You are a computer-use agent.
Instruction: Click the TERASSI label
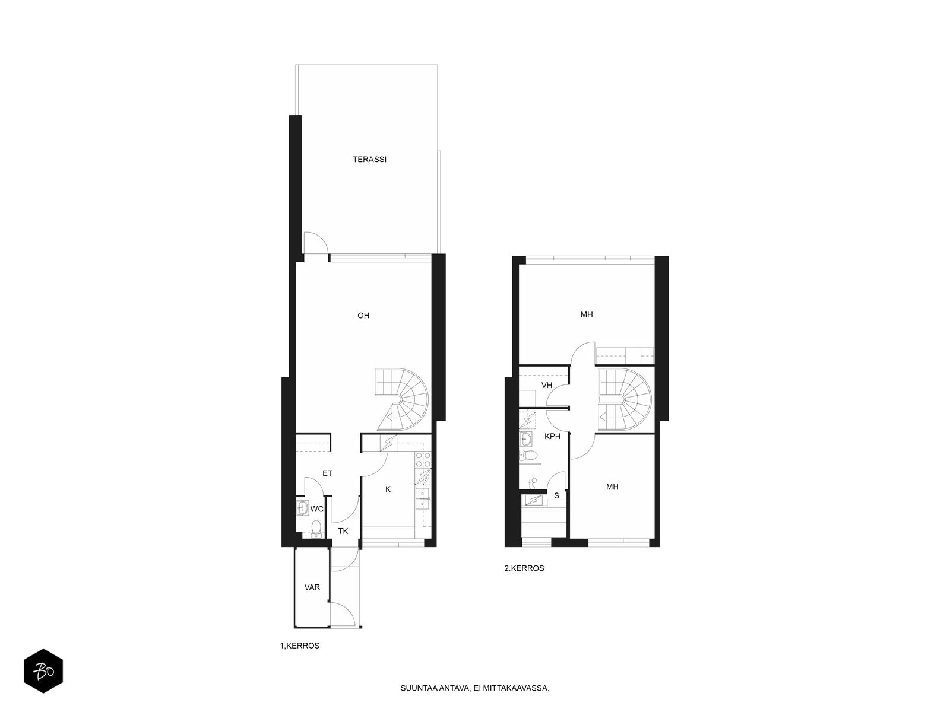369,159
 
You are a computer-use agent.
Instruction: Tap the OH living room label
363,316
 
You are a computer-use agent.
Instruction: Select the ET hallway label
327,473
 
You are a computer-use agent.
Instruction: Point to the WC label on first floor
317,509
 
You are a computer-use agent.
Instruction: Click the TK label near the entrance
343,531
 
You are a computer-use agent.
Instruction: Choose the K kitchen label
388,489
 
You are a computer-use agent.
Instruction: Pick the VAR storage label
312,587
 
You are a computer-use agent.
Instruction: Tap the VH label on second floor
547,385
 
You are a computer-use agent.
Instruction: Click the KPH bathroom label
552,436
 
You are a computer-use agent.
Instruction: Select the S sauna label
556,495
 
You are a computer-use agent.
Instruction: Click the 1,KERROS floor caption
299,646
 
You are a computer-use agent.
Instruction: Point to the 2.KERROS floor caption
524,568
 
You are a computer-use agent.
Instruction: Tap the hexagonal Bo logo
43,671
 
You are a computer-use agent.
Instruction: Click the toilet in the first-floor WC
316,529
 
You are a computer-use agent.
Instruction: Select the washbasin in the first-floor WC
303,507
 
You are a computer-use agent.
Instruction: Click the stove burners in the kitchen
423,459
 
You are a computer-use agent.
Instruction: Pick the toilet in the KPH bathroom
528,454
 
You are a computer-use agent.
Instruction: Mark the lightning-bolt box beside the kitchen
388,443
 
